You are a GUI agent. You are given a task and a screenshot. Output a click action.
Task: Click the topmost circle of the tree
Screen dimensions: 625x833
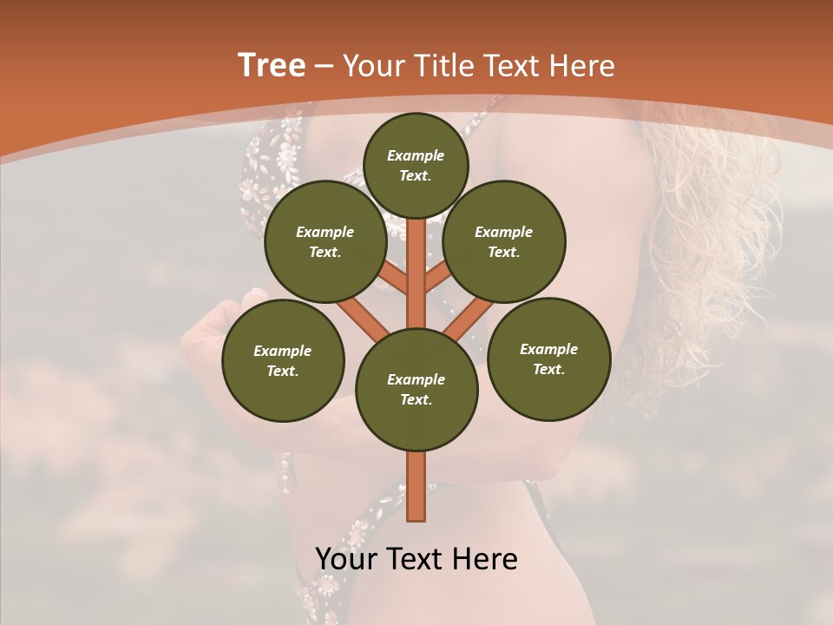tap(416, 165)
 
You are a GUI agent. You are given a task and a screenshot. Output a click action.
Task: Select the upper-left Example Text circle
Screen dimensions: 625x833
tap(325, 241)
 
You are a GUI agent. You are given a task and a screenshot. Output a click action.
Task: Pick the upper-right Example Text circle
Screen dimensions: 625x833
tap(504, 241)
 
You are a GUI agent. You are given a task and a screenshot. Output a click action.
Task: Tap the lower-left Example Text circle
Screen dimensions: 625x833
tap(283, 360)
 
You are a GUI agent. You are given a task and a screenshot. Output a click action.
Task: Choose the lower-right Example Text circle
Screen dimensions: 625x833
tap(548, 359)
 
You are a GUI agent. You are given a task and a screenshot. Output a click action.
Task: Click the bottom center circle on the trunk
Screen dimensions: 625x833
tap(416, 389)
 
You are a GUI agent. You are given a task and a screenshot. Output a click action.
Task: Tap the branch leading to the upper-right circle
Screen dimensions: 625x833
tap(436, 280)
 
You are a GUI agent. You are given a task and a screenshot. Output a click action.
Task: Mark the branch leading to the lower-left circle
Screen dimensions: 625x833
tap(363, 316)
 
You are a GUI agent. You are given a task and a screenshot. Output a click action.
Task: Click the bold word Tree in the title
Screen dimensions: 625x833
tap(272, 65)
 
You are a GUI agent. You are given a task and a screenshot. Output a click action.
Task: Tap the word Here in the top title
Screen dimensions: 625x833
tap(583, 66)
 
